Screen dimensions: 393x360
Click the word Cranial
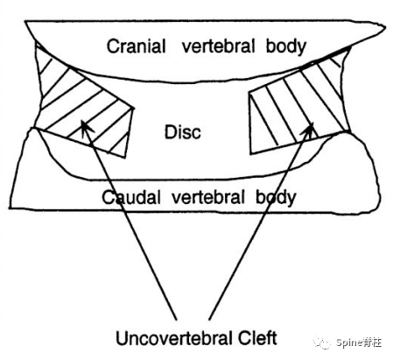tap(136, 46)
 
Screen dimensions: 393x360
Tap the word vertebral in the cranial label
tap(218, 46)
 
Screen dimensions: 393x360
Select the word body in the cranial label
tap(286, 46)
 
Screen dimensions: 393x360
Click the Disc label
tap(183, 132)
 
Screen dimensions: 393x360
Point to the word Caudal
tap(131, 197)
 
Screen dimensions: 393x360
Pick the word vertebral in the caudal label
tap(207, 197)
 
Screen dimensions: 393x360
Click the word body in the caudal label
tap(276, 198)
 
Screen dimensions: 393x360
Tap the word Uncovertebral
tap(174, 338)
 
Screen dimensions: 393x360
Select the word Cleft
tap(257, 337)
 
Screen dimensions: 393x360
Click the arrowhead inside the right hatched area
tap(309, 129)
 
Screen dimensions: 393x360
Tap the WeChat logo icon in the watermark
tap(322, 342)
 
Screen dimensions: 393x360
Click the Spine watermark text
tap(359, 342)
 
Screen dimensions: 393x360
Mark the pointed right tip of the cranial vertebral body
tap(386, 28)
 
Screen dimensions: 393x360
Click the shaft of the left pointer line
tap(130, 221)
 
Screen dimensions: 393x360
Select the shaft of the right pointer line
tap(261, 222)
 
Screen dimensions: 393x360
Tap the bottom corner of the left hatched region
tap(125, 158)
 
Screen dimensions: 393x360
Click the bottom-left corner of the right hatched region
tap(250, 153)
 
